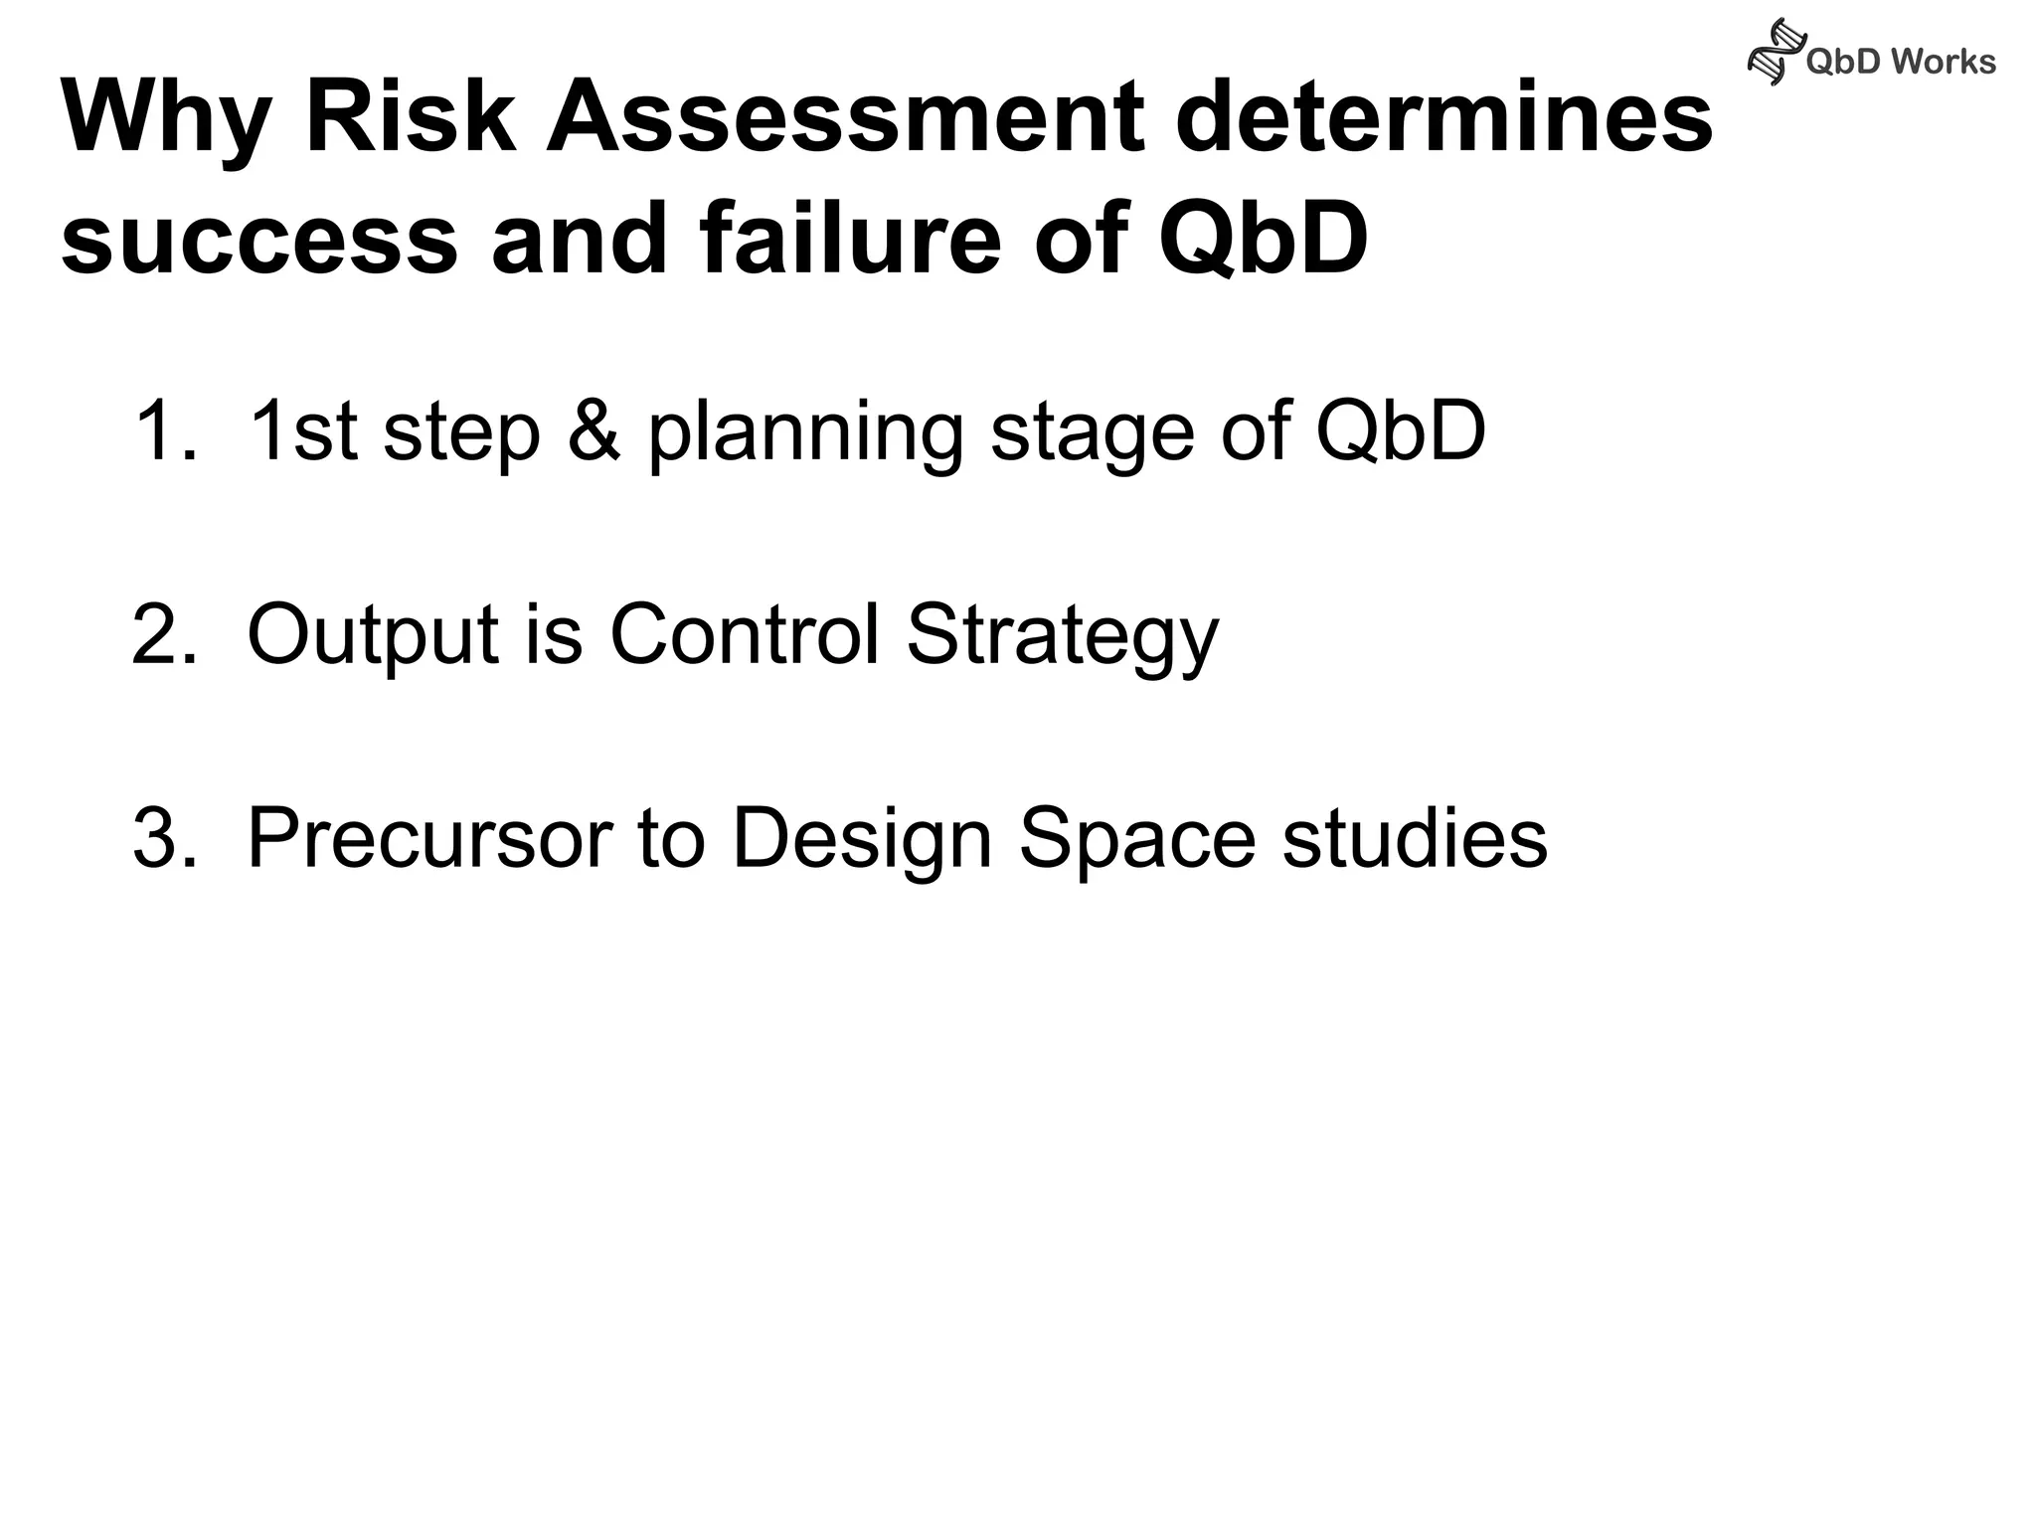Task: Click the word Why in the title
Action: (165, 119)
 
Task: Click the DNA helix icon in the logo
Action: (1776, 52)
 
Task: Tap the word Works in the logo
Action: (1943, 62)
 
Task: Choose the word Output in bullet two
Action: (372, 636)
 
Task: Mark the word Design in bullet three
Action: (862, 841)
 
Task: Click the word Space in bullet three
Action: (1137, 841)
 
